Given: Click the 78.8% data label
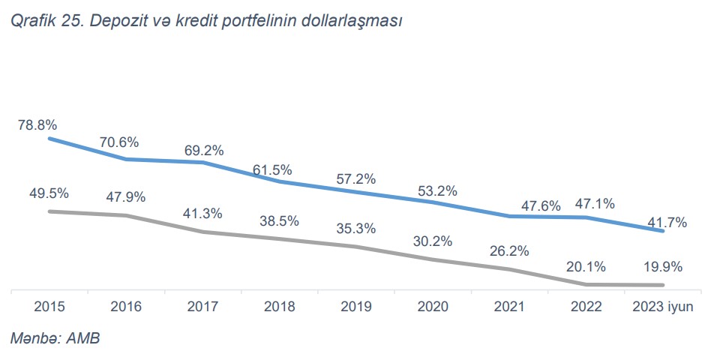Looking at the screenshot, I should [37, 123].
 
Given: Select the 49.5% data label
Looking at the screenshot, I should [49, 193].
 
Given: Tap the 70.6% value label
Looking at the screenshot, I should [120, 142].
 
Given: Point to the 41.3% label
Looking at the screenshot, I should [202, 214].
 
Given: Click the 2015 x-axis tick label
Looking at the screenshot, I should [49, 307].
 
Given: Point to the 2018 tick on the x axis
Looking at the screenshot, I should [280, 307].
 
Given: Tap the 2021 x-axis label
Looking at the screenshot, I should [509, 307].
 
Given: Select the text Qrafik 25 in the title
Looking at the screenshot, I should [45, 22].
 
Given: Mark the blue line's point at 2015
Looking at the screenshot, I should [49, 139].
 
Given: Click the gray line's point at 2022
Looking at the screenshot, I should [586, 284].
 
